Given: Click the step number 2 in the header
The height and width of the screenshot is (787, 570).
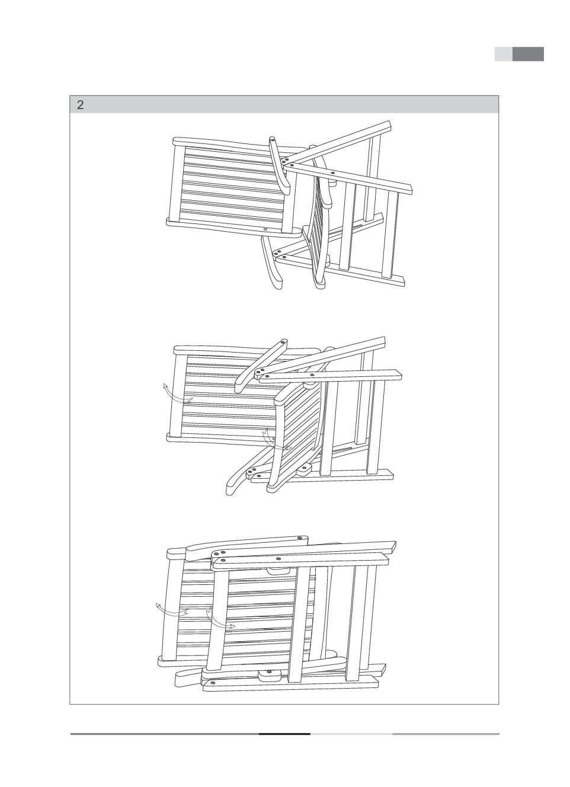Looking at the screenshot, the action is (81, 105).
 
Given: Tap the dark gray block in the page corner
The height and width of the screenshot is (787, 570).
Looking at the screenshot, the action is (528, 54).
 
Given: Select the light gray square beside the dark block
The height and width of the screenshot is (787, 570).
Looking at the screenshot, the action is (504, 54).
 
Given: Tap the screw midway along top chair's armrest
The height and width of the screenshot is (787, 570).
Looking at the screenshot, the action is (332, 173).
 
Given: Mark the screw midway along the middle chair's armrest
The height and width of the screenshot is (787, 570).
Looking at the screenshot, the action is (311, 375).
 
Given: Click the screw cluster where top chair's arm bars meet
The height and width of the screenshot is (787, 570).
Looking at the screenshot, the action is (286, 162).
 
